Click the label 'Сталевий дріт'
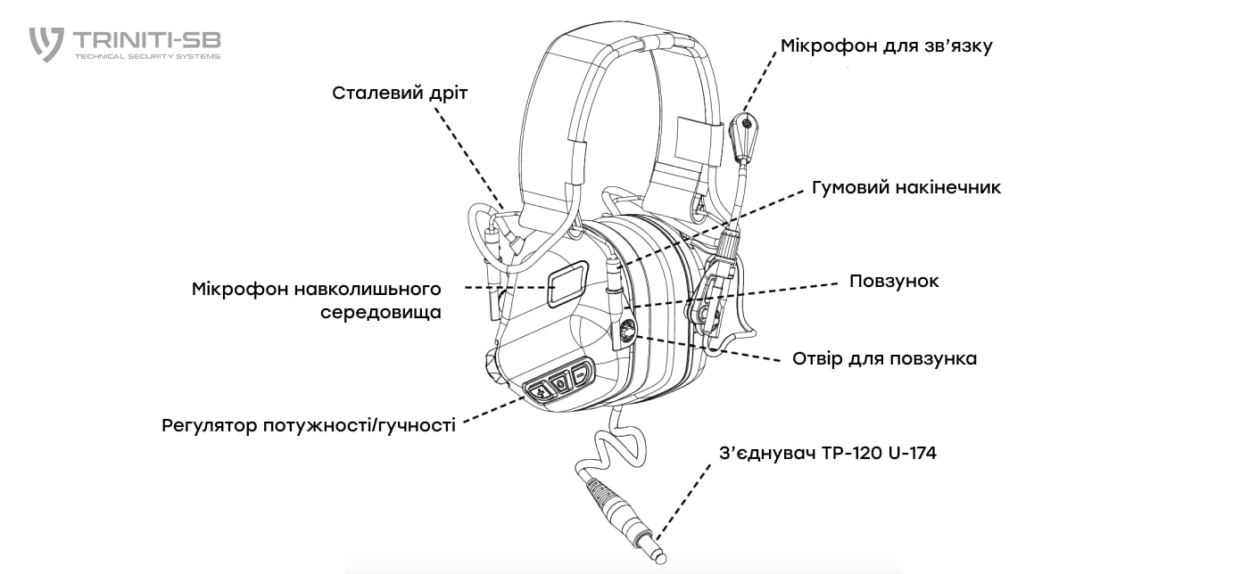coord(400,93)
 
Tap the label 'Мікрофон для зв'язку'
coord(886,45)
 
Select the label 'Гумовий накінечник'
coord(906,187)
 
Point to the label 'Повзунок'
coord(894,281)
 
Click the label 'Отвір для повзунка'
coord(884,358)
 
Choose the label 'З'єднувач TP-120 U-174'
coord(827,453)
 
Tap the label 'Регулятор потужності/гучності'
coord(309,425)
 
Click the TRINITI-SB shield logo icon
coord(46,44)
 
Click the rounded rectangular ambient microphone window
coord(566,284)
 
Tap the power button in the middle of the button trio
coord(560,383)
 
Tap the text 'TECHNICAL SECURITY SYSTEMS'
coord(147,56)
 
